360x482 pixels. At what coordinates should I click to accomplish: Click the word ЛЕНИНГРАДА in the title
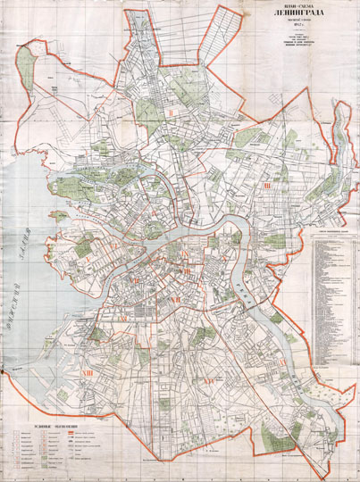295,19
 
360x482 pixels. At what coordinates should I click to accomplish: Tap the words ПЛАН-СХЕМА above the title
295,8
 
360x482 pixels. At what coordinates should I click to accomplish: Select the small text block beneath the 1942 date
296,51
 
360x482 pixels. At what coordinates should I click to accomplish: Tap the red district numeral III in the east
265,186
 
